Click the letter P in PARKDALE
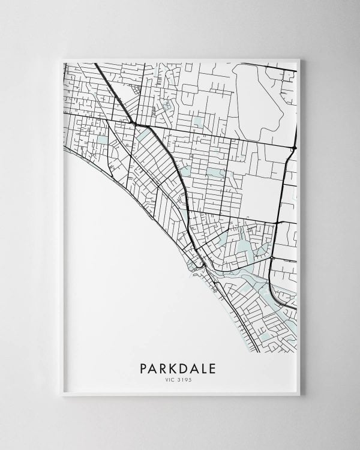pyautogui.click(x=142, y=367)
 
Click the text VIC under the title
pyautogui.click(x=172, y=379)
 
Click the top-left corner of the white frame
pyautogui.click(x=61, y=58)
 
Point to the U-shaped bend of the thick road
pyautogui.click(x=274, y=293)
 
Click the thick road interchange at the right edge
pyautogui.click(x=292, y=147)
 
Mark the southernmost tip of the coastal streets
pyautogui.click(x=259, y=352)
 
